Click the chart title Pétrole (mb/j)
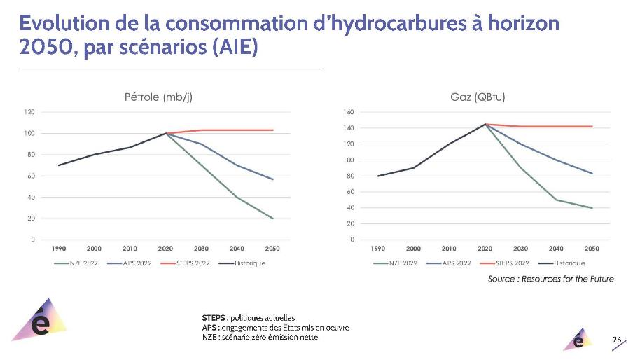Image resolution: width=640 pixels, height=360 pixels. (x=158, y=97)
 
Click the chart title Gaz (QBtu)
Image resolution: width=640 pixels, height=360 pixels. (x=478, y=97)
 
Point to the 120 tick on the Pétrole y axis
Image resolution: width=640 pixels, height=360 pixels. (x=30, y=112)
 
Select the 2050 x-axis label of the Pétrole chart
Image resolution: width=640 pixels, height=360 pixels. (x=272, y=249)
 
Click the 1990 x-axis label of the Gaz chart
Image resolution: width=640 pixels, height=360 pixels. (x=378, y=249)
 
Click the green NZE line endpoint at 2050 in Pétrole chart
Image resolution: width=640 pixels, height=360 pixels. (x=272, y=218)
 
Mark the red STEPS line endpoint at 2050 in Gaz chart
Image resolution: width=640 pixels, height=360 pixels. (x=592, y=127)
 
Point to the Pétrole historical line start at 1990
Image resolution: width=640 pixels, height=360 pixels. (x=59, y=165)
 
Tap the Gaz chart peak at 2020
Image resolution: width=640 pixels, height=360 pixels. (x=485, y=124)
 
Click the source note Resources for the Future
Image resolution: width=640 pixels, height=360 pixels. (x=551, y=279)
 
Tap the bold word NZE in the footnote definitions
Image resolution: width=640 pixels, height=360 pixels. (x=209, y=338)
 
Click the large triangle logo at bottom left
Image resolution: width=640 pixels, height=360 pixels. (x=41, y=323)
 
